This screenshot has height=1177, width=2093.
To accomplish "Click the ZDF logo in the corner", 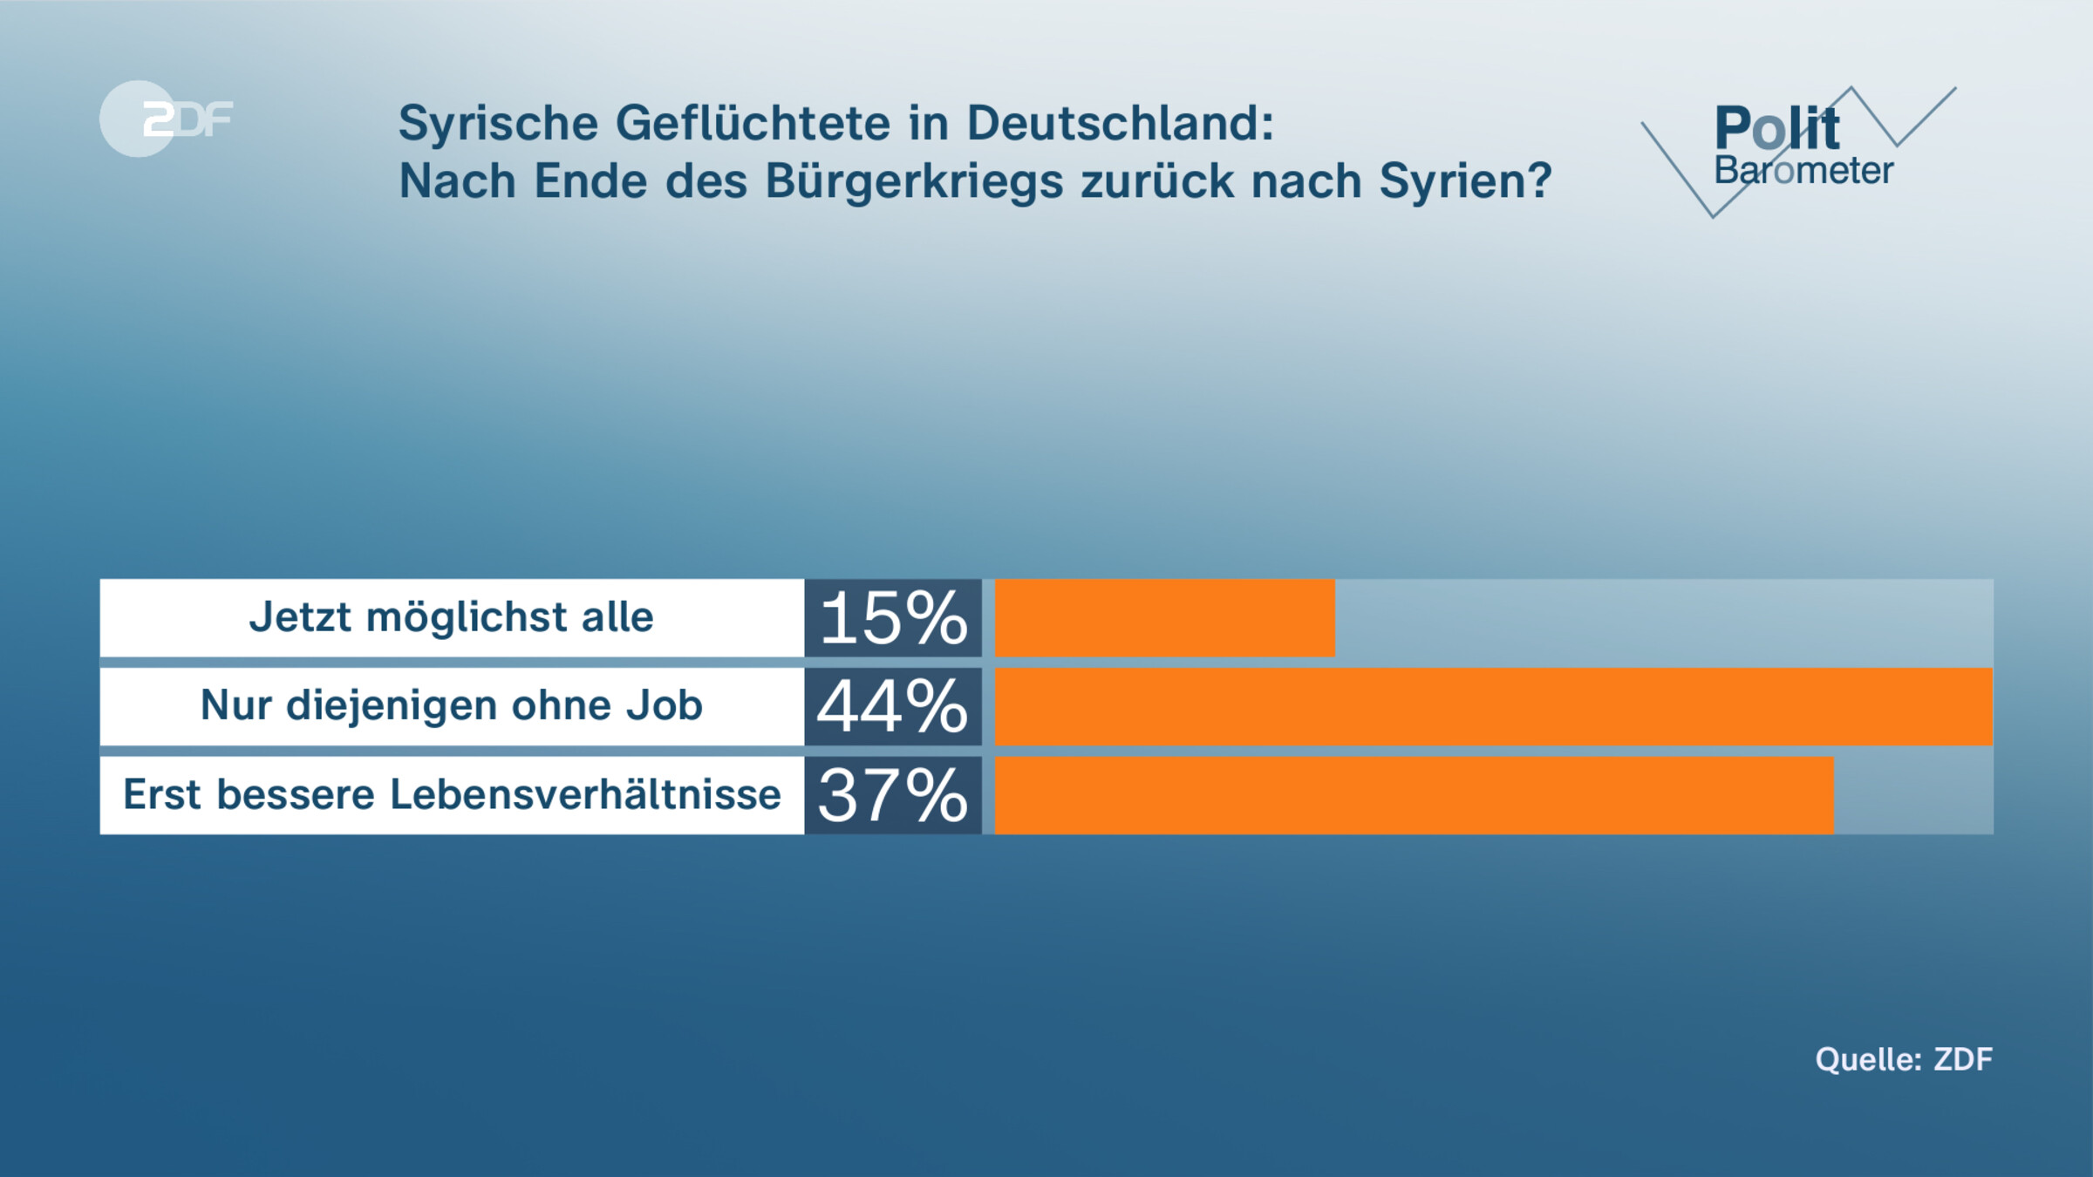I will click(x=166, y=119).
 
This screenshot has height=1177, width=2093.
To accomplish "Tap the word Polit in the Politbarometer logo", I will click(x=1776, y=128).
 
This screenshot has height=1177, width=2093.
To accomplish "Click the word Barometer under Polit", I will click(x=1803, y=171).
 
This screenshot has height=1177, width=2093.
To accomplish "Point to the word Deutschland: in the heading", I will click(x=1120, y=123).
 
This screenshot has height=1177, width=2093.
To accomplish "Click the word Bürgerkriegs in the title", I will click(x=914, y=181).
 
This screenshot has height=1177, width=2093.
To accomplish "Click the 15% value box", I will click(x=893, y=617).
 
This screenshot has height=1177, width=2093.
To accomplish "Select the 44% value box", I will click(x=893, y=706).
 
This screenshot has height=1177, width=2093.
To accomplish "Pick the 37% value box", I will click(x=893, y=795).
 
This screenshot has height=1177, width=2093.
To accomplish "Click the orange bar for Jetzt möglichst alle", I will click(x=1164, y=617).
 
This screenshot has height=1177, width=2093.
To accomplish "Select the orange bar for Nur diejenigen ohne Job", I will click(x=1493, y=706).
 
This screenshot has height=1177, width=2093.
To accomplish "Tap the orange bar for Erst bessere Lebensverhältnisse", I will click(x=1414, y=795).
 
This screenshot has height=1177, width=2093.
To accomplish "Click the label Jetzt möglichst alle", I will click(x=451, y=617).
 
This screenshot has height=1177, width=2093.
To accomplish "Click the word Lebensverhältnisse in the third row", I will click(x=584, y=794).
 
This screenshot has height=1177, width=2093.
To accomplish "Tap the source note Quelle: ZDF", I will click(x=1904, y=1059).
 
